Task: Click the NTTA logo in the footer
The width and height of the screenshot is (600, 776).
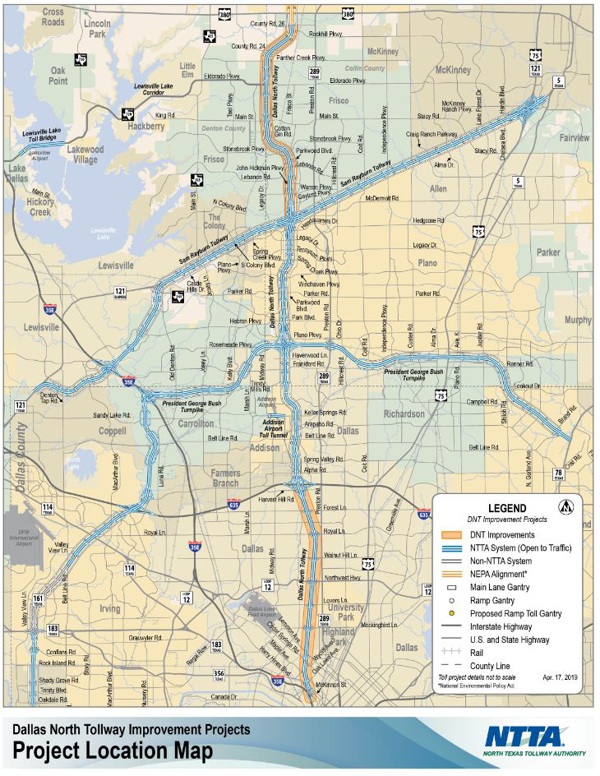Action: point(535,740)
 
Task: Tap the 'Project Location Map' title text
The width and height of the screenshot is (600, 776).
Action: point(113,751)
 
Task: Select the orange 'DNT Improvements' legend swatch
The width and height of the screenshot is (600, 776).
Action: point(452,535)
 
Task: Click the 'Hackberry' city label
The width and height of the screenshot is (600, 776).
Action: point(146,127)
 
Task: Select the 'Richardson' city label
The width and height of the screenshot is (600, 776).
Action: point(404,414)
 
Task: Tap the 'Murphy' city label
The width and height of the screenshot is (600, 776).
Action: point(578,321)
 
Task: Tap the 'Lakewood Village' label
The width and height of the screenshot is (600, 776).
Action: point(85,155)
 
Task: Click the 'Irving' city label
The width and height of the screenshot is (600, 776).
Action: point(109,609)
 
